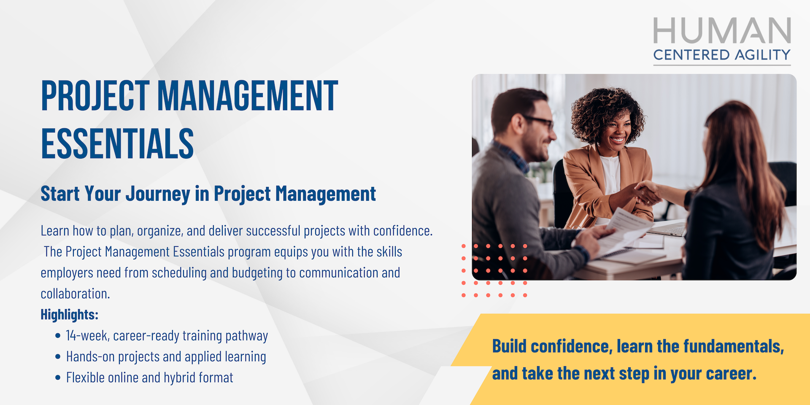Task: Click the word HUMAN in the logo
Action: [x=722, y=30]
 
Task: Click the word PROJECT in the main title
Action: [x=95, y=96]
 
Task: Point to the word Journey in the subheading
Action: [x=158, y=194]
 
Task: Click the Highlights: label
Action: [x=70, y=314]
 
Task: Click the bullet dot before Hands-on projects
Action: [x=58, y=356]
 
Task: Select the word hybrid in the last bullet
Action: [x=179, y=378]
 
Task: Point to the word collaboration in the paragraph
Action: [x=75, y=294]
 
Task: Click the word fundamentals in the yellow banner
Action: [x=734, y=346]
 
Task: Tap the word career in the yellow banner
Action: [x=731, y=374]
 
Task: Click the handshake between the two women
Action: [x=647, y=194]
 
